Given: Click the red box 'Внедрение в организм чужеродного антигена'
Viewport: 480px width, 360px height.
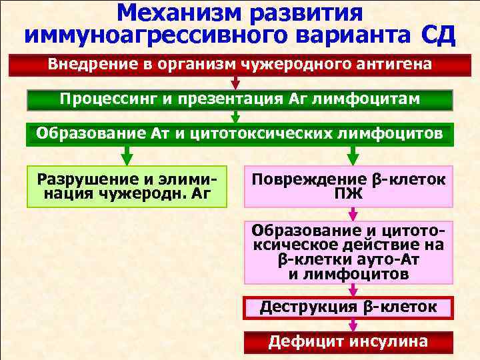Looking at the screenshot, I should pyautogui.click(x=239, y=65).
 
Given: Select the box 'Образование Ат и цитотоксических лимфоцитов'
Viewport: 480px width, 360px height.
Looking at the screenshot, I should pyautogui.click(x=239, y=134).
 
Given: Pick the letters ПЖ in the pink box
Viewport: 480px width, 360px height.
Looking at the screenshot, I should pyautogui.click(x=349, y=194).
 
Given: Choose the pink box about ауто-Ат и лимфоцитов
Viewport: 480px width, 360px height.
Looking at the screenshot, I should pyautogui.click(x=349, y=252).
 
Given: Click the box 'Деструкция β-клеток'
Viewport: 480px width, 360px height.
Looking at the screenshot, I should pyautogui.click(x=349, y=307).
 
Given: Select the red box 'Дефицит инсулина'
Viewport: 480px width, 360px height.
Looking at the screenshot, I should pyautogui.click(x=349, y=342).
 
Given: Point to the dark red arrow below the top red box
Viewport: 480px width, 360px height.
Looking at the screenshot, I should pyautogui.click(x=236, y=83).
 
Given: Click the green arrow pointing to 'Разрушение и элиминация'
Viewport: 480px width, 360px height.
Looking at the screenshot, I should pyautogui.click(x=127, y=155).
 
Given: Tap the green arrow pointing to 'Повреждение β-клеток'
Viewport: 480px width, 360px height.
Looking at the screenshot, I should pyautogui.click(x=352, y=155).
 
